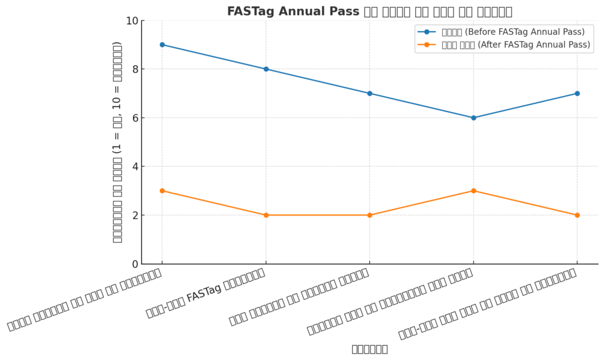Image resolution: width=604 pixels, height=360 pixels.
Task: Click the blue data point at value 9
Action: (x=162, y=45)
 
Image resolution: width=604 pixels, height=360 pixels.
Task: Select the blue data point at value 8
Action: (x=266, y=69)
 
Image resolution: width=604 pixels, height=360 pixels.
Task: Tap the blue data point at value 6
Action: (x=473, y=117)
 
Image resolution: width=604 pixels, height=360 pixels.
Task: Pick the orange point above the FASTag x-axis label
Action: (x=266, y=215)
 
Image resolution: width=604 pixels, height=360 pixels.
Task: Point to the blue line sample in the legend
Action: (x=426, y=32)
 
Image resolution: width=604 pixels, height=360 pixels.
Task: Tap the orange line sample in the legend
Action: (x=426, y=45)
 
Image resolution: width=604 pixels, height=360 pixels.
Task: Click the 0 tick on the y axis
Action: (x=134, y=264)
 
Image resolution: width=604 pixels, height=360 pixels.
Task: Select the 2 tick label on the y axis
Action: (x=134, y=215)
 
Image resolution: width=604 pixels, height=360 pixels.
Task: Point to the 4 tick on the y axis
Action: (x=134, y=167)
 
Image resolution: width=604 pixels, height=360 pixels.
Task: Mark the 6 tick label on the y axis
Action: (x=134, y=118)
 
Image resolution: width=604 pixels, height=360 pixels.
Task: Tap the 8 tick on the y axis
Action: (x=134, y=70)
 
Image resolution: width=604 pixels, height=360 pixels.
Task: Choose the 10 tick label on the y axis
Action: (x=132, y=21)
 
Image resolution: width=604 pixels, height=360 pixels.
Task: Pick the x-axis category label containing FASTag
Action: (x=206, y=293)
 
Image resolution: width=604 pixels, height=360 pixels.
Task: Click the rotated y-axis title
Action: (x=117, y=142)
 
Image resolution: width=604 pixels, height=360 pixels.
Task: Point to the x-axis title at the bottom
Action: (x=369, y=349)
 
